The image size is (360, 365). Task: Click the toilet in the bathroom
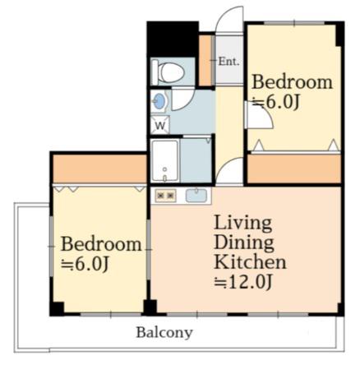pyautogui.click(x=168, y=72)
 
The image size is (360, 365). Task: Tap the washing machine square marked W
pyautogui.click(x=160, y=125)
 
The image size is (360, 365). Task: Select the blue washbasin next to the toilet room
pyautogui.click(x=159, y=101)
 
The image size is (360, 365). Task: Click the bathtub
pyautogui.click(x=165, y=160)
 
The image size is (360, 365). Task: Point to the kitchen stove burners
pyautogui.click(x=165, y=196)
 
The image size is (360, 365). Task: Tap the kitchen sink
pyautogui.click(x=196, y=196)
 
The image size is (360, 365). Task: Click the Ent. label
pyautogui.click(x=228, y=62)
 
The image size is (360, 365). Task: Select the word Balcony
pyautogui.click(x=164, y=333)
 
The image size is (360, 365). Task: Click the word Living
pyautogui.click(x=242, y=224)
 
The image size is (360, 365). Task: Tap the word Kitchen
pyautogui.click(x=250, y=262)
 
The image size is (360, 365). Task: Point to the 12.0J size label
pyautogui.click(x=243, y=281)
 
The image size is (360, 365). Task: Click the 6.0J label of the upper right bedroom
pyautogui.click(x=276, y=102)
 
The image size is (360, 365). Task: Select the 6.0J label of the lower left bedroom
pyautogui.click(x=85, y=264)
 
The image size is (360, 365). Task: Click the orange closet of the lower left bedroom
pyautogui.click(x=99, y=169)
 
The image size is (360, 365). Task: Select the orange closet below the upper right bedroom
pyautogui.click(x=294, y=169)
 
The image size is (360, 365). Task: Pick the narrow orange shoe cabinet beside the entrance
pyautogui.click(x=205, y=60)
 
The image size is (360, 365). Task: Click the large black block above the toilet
pyautogui.click(x=173, y=39)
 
